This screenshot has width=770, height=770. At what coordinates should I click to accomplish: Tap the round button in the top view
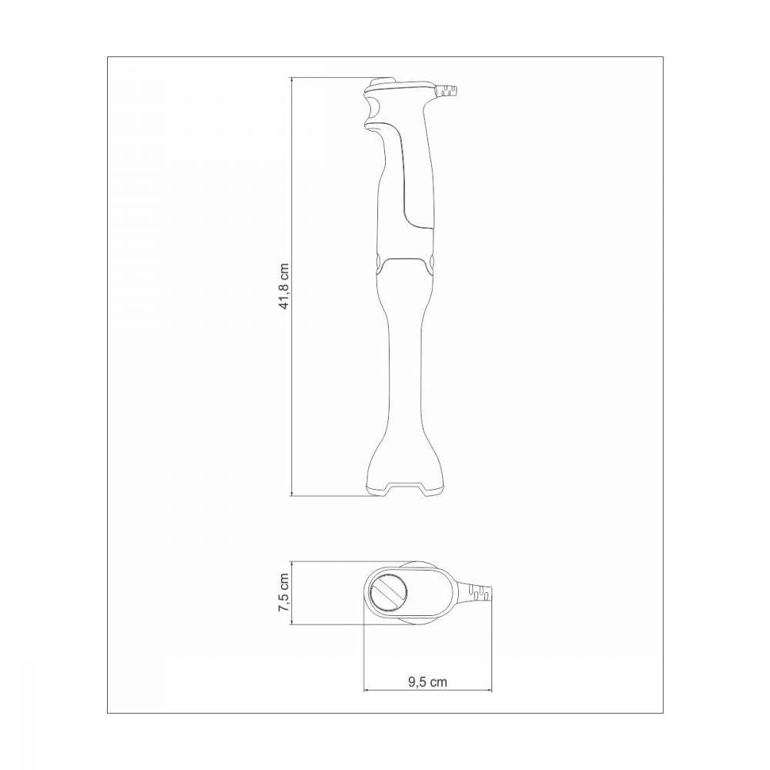[x=389, y=593]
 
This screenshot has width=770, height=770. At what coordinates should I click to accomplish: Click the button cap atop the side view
[x=381, y=82]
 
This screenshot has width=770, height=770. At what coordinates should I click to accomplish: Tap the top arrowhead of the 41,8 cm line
[x=291, y=80]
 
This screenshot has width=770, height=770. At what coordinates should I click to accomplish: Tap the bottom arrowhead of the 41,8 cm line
[x=291, y=494]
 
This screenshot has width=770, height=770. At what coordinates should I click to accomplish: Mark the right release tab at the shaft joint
[x=432, y=262]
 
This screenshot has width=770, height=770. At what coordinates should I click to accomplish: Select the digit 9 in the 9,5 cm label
[x=410, y=681]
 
